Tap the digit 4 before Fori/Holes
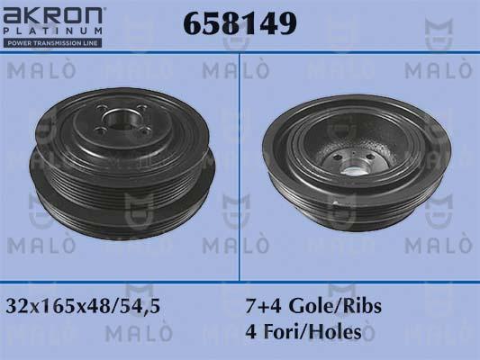click(x=251, y=332)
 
